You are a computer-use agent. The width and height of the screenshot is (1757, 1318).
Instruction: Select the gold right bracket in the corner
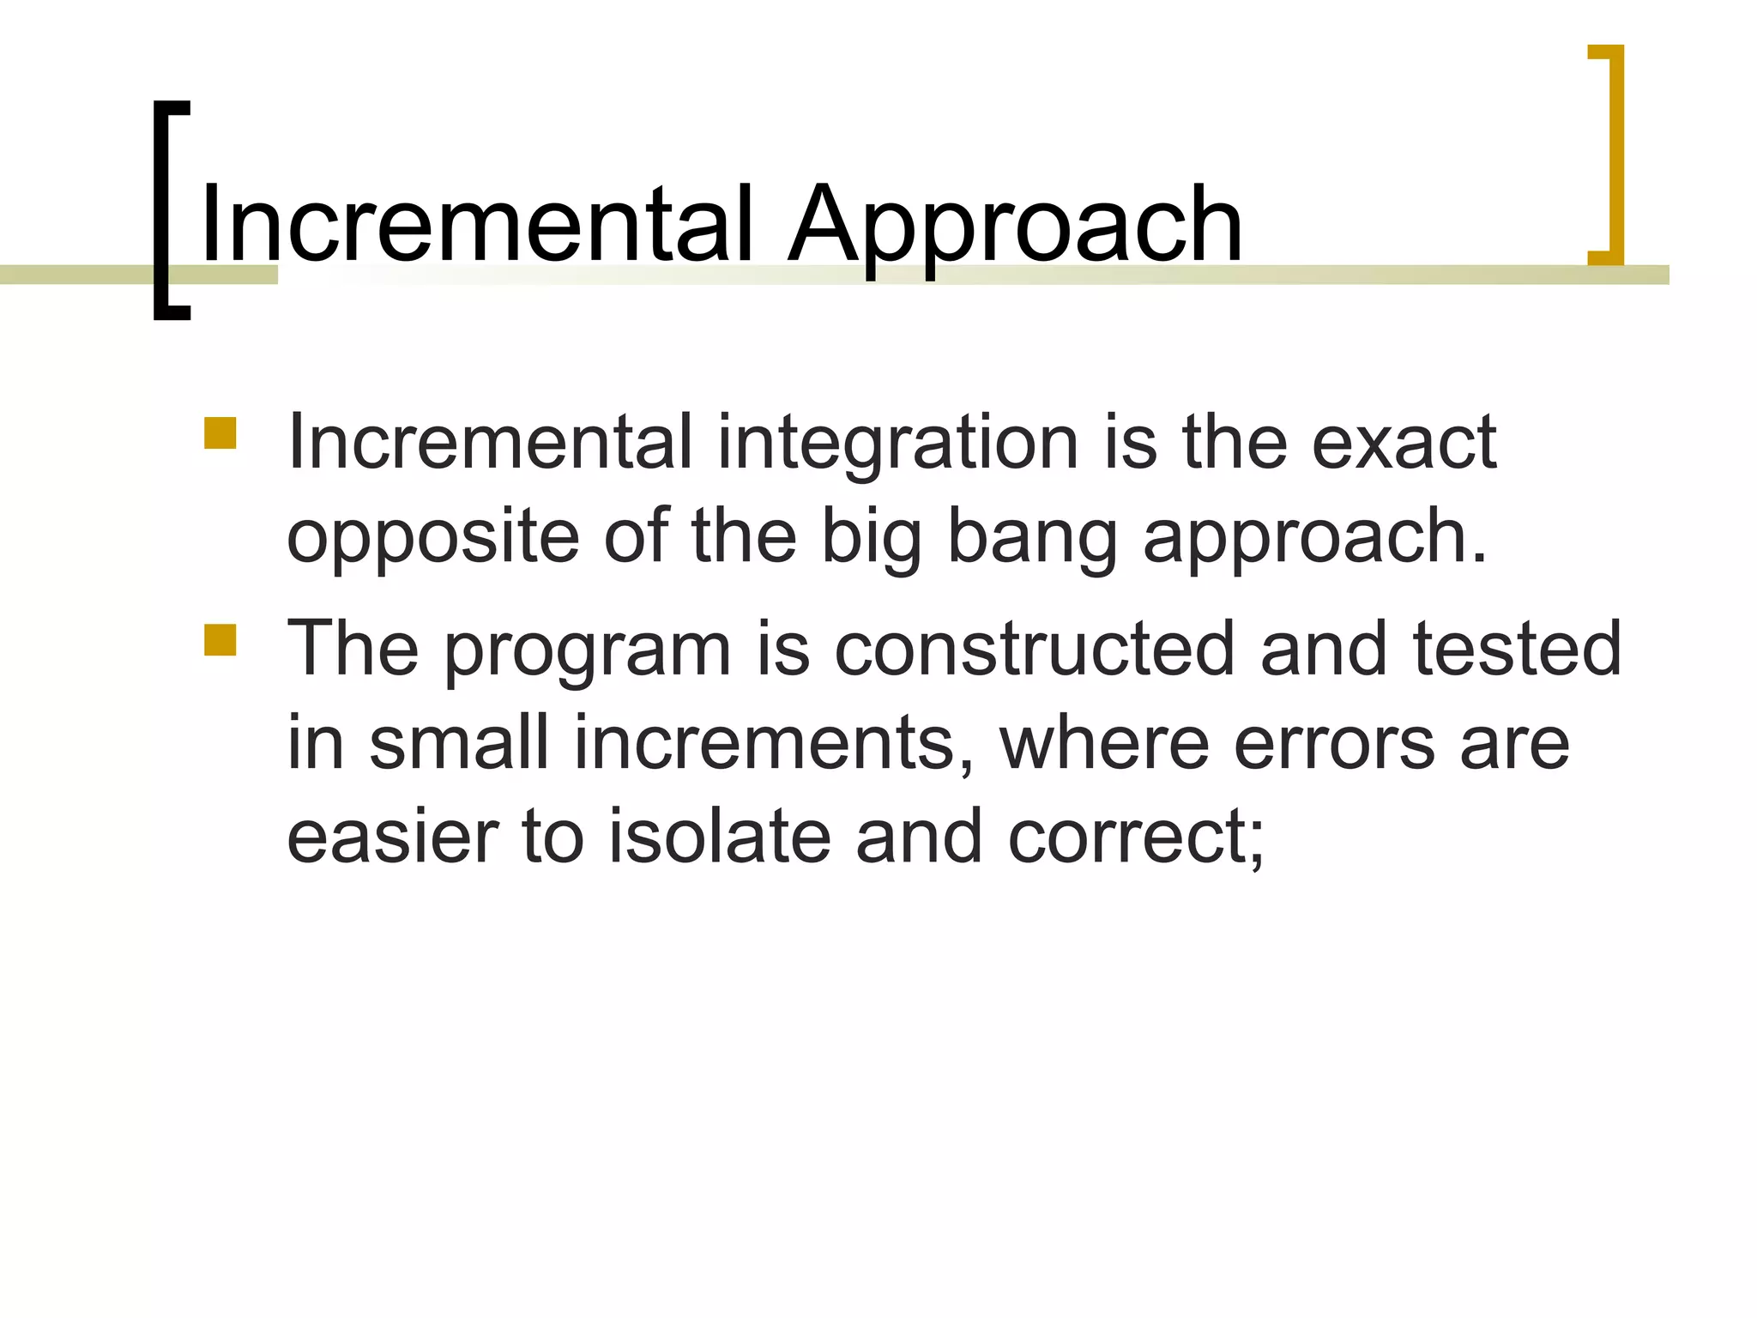point(1609,154)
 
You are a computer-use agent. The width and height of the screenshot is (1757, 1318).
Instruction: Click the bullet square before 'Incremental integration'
point(220,433)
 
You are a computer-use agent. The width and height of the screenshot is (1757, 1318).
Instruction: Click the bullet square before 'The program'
point(220,640)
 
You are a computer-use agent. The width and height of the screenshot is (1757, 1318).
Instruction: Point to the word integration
point(897,444)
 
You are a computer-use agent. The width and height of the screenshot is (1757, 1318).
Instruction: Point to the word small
point(458,742)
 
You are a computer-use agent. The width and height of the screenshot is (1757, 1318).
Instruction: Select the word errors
point(1334,744)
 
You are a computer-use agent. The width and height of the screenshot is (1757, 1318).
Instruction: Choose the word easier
point(393,837)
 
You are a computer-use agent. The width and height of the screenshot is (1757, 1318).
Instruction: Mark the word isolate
point(720,837)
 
